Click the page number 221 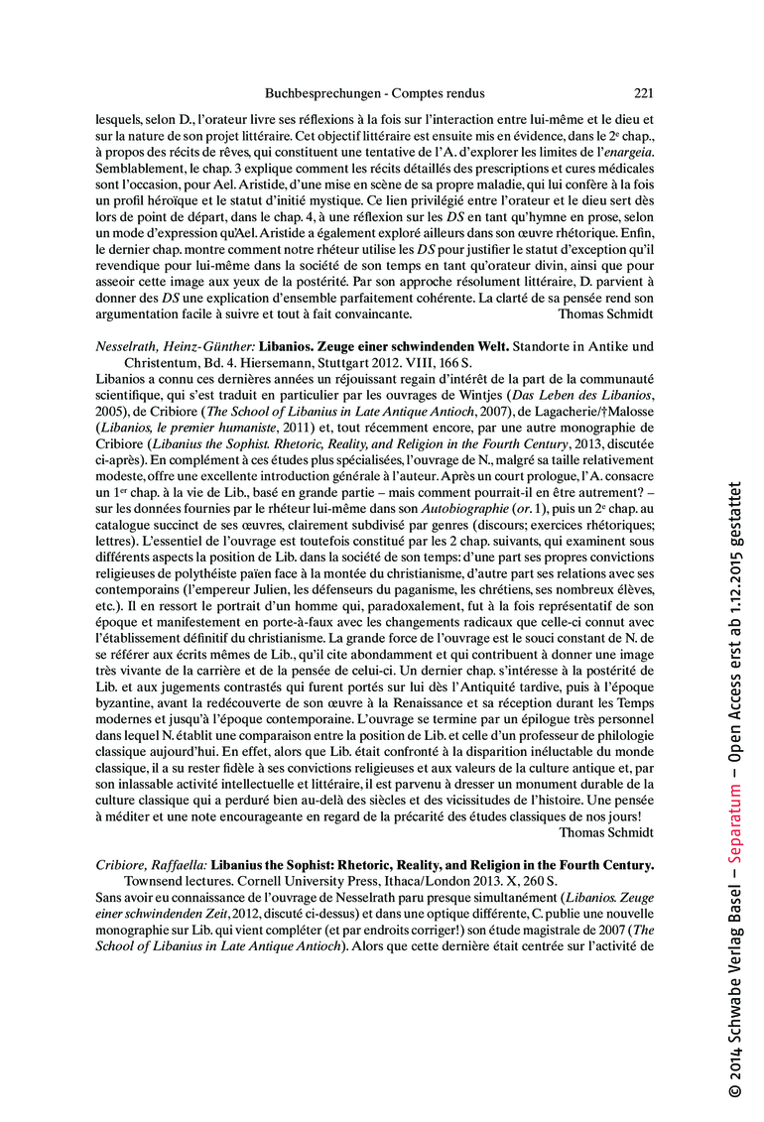pyautogui.click(x=643, y=93)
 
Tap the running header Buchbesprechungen pyautogui.click(x=321, y=93)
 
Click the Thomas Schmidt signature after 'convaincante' pyautogui.click(x=605, y=314)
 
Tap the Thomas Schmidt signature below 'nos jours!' pyautogui.click(x=605, y=832)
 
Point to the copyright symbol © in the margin pyautogui.click(x=733, y=1092)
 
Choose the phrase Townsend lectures pyautogui.click(x=172, y=881)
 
